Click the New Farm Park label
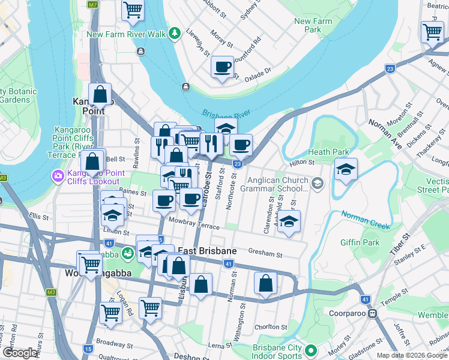click(313, 25)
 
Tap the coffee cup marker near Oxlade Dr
click(223, 67)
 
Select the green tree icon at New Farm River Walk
click(175, 34)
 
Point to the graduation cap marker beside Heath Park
click(346, 170)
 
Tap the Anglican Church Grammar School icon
click(318, 182)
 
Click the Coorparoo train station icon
click(372, 313)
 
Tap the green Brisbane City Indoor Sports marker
click(310, 350)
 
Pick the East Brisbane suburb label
click(203, 250)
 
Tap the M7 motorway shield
click(92, 4)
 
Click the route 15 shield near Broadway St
click(89, 349)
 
